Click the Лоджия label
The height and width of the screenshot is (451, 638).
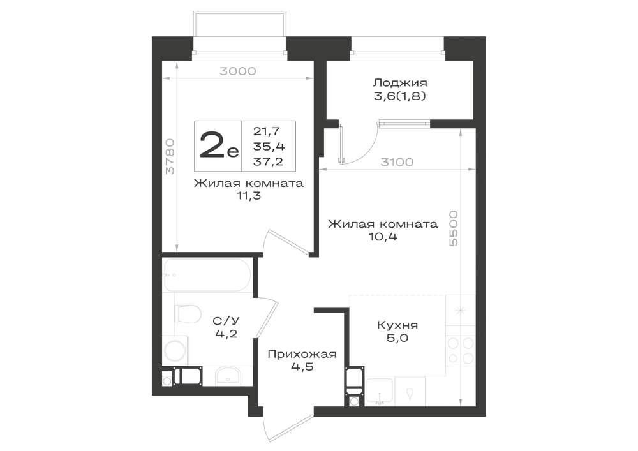(400, 83)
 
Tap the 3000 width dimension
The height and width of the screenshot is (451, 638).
(237, 71)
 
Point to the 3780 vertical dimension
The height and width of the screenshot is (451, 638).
(170, 156)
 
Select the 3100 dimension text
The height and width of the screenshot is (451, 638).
(397, 162)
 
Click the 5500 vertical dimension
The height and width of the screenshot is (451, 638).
(453, 228)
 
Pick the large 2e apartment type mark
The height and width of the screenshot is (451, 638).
(219, 145)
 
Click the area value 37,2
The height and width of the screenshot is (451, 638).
(268, 162)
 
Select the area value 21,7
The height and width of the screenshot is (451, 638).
(266, 131)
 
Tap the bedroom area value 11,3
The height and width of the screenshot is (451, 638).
(249, 196)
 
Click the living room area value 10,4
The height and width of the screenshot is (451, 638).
(383, 237)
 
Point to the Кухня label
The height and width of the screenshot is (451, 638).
(397, 325)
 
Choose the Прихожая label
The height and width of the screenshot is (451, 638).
(302, 354)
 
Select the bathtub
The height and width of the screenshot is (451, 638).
(207, 275)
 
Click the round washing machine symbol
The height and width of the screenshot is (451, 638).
(175, 351)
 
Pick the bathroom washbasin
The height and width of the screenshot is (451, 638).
(228, 375)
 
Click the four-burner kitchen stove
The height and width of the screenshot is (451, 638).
(461, 350)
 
